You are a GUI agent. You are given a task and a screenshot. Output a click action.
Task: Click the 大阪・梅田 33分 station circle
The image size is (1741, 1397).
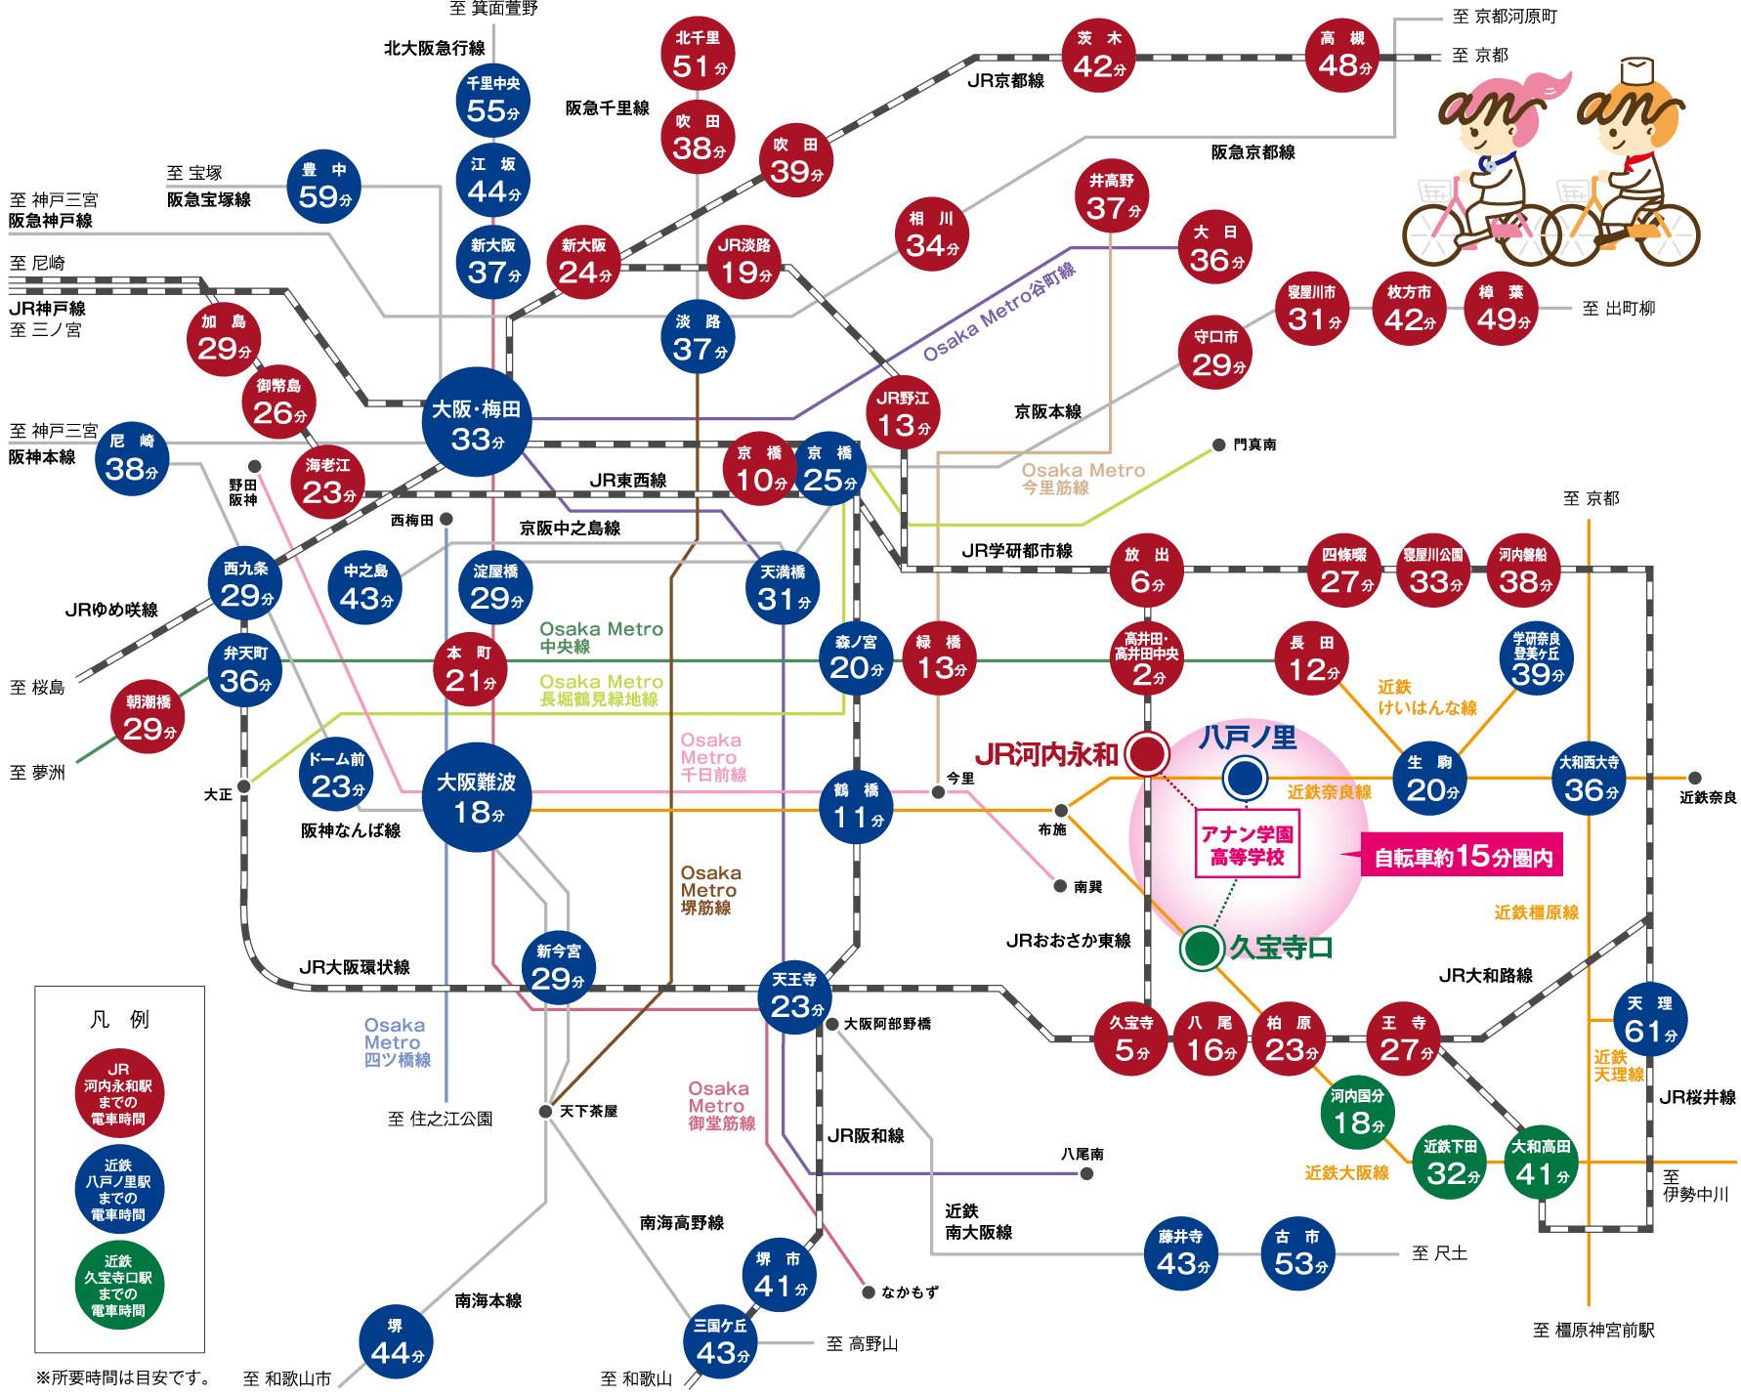click(x=477, y=422)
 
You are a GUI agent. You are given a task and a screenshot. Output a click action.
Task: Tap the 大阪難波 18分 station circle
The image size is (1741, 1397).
click(x=477, y=797)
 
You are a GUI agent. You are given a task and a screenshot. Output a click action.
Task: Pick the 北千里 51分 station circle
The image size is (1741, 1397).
click(x=698, y=54)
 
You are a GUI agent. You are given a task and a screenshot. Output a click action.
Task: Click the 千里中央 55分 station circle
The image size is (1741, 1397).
click(x=492, y=100)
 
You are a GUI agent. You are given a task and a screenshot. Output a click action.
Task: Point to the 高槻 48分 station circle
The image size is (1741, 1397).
click(x=1342, y=55)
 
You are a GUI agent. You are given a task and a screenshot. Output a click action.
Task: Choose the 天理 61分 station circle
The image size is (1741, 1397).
click(x=1649, y=1020)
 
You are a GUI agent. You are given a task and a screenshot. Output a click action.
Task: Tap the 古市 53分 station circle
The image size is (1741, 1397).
click(x=1297, y=1252)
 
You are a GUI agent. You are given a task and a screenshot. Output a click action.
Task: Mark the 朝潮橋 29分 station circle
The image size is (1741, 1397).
click(x=149, y=717)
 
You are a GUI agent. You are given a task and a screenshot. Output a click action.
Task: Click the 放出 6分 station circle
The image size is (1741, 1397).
click(x=1146, y=571)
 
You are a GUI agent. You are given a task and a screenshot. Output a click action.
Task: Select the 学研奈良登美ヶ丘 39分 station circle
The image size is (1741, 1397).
click(x=1536, y=659)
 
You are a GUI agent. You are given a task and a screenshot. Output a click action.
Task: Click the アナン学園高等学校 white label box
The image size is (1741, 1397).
click(x=1248, y=845)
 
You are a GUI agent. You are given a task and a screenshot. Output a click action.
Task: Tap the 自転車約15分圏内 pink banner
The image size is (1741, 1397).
click(x=1463, y=857)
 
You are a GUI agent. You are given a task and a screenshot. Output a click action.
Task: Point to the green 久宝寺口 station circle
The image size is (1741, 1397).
click(x=1202, y=948)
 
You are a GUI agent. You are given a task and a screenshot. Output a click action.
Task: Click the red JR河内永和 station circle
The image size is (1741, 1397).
click(x=1147, y=753)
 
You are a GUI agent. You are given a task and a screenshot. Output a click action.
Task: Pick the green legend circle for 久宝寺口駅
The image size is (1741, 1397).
click(x=119, y=1285)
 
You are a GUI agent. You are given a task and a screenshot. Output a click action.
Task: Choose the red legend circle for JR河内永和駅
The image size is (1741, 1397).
click(x=119, y=1093)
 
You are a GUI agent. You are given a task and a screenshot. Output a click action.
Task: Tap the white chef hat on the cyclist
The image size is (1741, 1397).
click(x=1637, y=71)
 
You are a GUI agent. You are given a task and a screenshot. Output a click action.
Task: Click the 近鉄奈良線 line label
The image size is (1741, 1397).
click(x=1329, y=792)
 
